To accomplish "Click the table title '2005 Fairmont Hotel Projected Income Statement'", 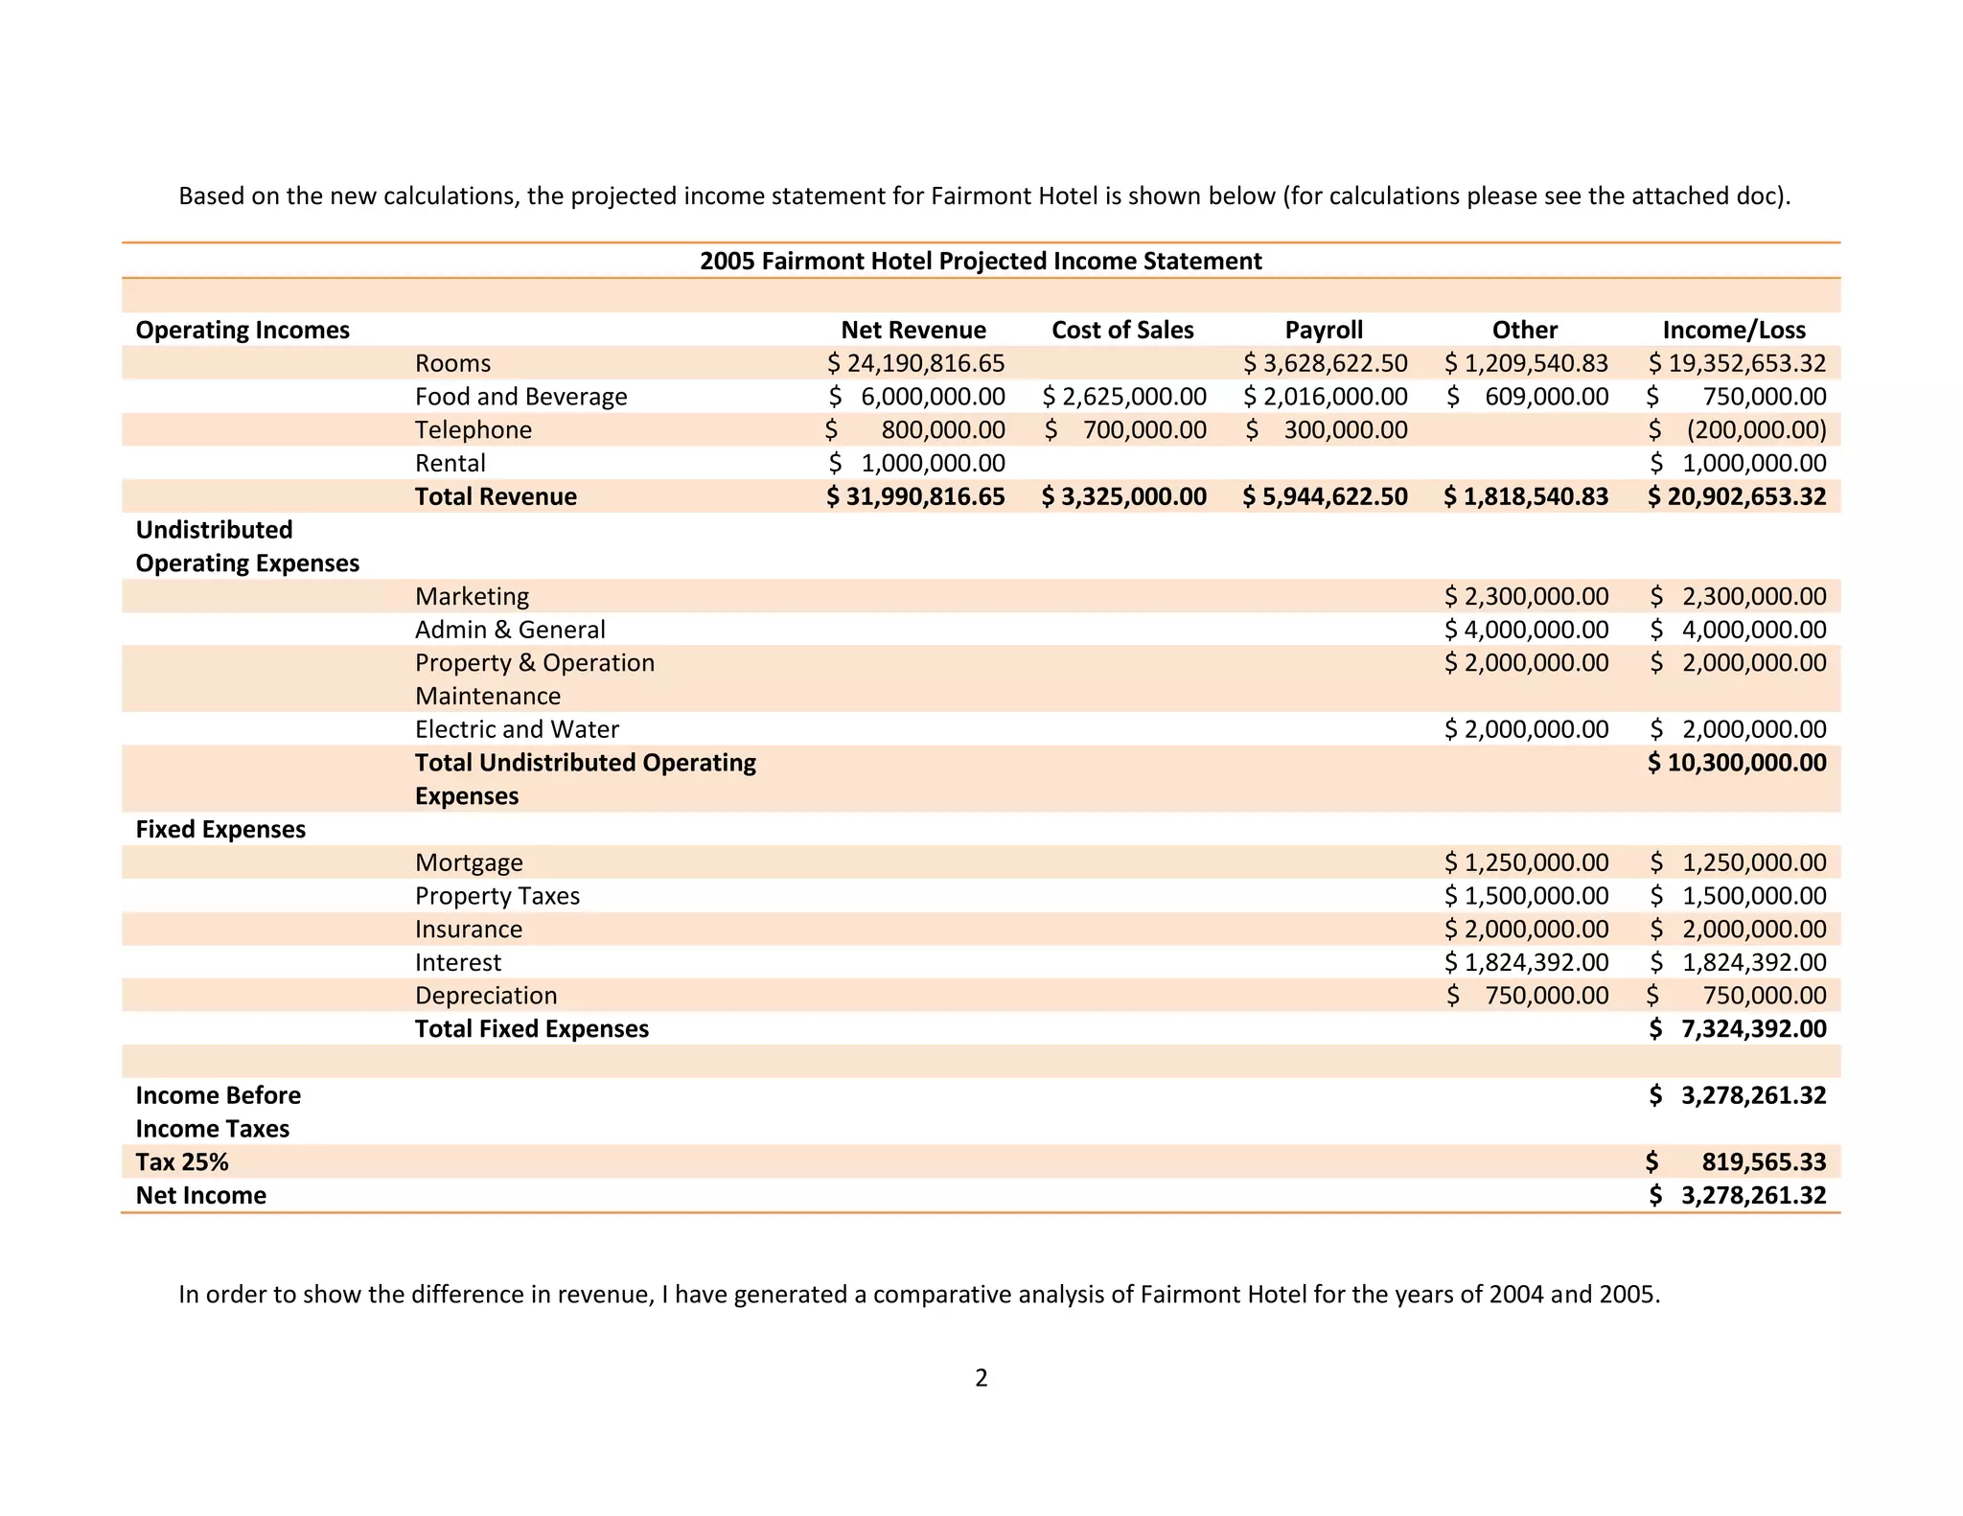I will (981, 261).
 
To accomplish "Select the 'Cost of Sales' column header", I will (1122, 330).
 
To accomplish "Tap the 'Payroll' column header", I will (1324, 330).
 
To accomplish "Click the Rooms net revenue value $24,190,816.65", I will (916, 363).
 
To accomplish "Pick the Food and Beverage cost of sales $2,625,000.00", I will (1124, 397).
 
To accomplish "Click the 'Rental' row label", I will (450, 463).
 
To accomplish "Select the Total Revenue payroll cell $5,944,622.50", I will (1326, 496).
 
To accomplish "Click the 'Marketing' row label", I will (472, 596).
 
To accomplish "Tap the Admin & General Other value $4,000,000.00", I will (1526, 630).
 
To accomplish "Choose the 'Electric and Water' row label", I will (517, 729).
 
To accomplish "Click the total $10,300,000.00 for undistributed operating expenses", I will (1737, 763).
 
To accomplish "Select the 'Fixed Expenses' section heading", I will (220, 829).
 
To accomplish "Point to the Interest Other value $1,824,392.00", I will (1526, 962).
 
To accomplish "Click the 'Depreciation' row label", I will (486, 996).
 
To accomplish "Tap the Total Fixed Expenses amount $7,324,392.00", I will (1737, 1029).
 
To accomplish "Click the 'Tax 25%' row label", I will (182, 1162).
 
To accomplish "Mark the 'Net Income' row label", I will (201, 1195).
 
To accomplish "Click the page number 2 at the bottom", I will (981, 1378).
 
